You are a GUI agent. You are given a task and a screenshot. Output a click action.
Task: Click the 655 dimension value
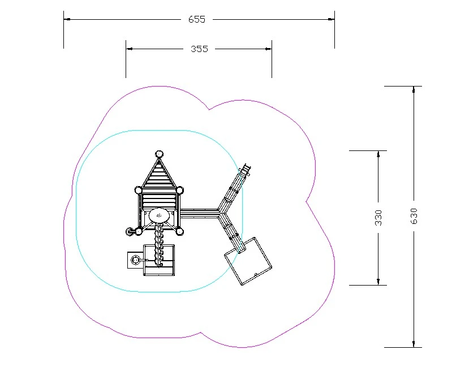[x=197, y=19]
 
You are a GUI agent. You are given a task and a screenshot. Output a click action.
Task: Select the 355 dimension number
[x=199, y=49]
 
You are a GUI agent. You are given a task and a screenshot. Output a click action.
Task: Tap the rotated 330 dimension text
[x=378, y=218]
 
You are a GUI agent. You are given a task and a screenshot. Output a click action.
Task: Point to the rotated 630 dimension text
[x=414, y=216]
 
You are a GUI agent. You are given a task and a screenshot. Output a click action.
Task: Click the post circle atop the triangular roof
[x=159, y=154]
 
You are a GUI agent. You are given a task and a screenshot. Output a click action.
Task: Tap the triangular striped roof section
[x=159, y=175]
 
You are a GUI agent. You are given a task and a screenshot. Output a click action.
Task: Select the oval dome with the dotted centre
[x=159, y=215]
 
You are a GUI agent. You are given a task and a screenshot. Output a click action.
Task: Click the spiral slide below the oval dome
[x=158, y=245]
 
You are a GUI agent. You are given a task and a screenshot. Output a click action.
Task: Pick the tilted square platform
[x=248, y=261]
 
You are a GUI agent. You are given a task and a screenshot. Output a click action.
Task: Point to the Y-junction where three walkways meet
[x=221, y=213]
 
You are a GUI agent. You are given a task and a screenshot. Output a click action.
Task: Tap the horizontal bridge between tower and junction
[x=199, y=214]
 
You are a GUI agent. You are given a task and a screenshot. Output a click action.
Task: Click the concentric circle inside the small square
[x=135, y=260]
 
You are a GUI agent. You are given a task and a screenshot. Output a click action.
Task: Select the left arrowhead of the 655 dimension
[x=67, y=19]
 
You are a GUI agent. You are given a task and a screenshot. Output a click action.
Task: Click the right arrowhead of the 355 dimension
[x=268, y=49]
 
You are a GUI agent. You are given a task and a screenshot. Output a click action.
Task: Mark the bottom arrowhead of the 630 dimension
[x=414, y=344]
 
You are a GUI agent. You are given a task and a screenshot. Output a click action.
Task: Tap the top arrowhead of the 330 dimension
[x=378, y=154]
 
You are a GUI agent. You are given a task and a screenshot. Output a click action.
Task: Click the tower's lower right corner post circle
[x=179, y=231]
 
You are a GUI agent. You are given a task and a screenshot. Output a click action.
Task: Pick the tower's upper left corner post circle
[x=138, y=190]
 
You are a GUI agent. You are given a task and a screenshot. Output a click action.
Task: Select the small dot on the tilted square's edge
[x=256, y=274]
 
